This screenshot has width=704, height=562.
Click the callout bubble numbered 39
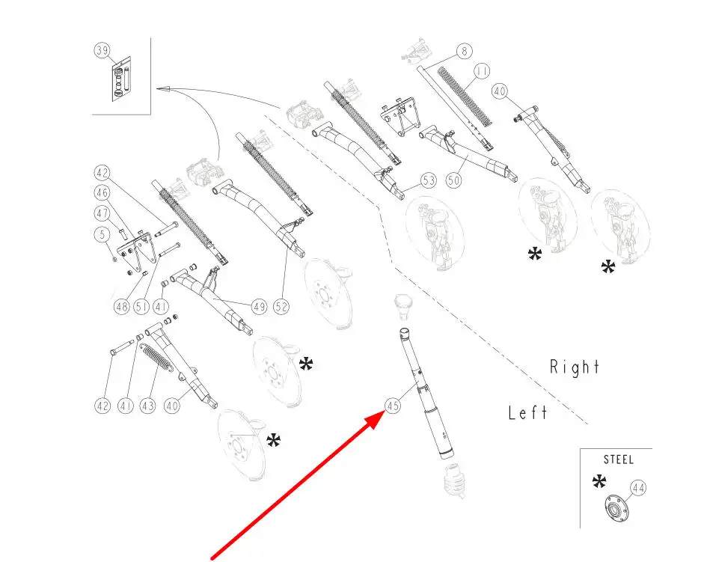[x=102, y=51]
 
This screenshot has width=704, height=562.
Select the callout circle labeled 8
[x=464, y=52]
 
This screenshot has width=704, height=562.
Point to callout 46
[x=102, y=193]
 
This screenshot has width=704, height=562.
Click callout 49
[x=260, y=306]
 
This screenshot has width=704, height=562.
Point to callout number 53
[x=428, y=180]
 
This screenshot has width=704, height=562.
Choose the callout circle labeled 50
[x=453, y=180]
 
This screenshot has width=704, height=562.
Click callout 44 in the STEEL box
[x=638, y=488]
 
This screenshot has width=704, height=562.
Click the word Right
[x=575, y=367]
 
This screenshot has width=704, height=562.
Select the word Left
[x=527, y=412]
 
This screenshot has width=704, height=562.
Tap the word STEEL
[x=619, y=460]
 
